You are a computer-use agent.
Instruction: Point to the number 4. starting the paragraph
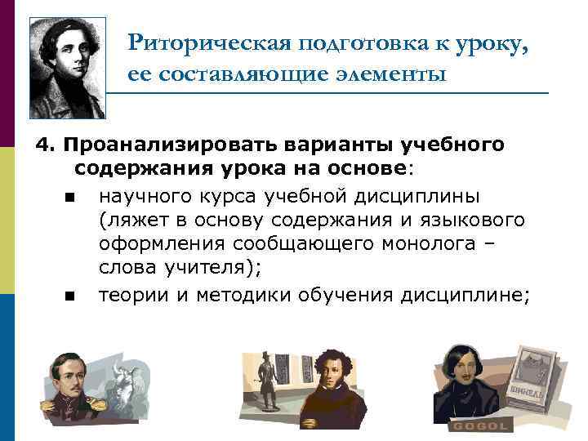[43, 145]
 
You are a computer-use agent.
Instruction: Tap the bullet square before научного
[66, 196]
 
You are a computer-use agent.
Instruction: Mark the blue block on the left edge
[7, 367]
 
